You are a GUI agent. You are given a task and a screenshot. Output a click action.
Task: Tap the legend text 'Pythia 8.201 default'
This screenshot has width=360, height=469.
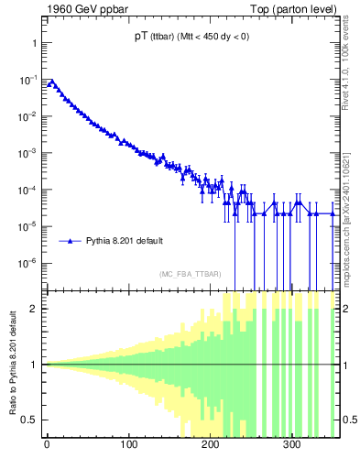[125, 241]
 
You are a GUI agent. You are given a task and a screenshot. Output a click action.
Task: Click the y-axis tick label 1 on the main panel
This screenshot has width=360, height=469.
[33, 43]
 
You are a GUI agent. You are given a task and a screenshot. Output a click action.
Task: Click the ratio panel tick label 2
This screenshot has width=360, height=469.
[34, 309]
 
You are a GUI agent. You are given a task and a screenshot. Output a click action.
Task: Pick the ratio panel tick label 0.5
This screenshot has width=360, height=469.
[29, 420]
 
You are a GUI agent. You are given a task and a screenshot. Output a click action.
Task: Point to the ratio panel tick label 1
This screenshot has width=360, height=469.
[34, 365]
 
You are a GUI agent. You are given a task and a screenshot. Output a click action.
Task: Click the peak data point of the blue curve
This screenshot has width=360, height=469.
[51, 82]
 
